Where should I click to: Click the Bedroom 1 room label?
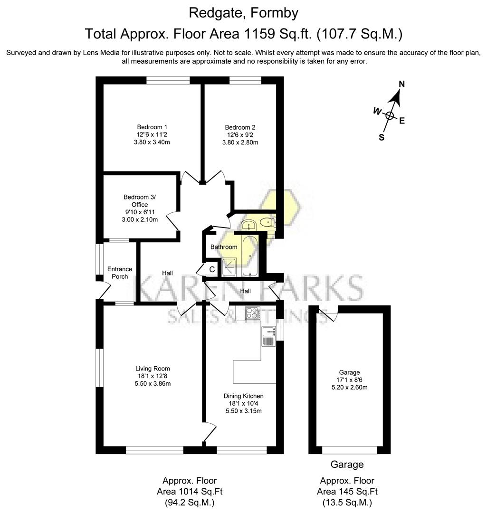152,127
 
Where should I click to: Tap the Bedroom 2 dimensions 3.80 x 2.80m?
240,142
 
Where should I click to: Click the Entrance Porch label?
120,273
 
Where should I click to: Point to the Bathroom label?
224,247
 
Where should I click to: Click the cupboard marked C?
212,269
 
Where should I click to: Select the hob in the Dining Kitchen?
251,313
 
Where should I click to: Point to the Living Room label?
153,368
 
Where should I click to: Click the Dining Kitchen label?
243,396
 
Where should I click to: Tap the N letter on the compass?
401,84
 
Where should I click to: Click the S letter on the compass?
381,137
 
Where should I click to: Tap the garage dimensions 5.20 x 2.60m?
349,387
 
